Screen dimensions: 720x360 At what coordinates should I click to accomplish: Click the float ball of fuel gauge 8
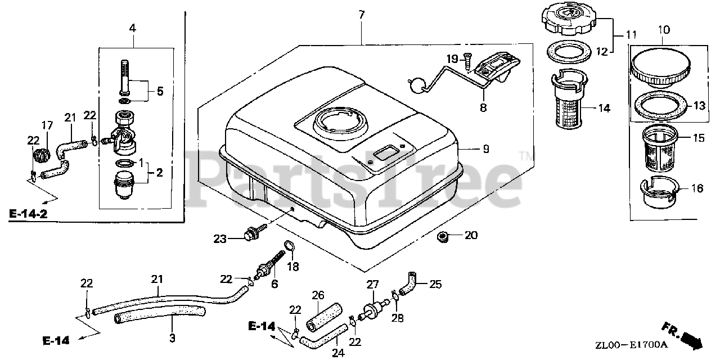point(417,84)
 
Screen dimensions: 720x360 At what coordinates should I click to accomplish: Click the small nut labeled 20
point(443,236)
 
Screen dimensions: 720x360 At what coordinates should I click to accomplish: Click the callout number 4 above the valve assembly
point(132,27)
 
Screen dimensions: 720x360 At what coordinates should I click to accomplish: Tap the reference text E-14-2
point(28,214)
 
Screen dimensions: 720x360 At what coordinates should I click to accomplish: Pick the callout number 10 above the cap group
point(663,28)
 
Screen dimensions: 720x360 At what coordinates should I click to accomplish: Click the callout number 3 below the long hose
point(172,338)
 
